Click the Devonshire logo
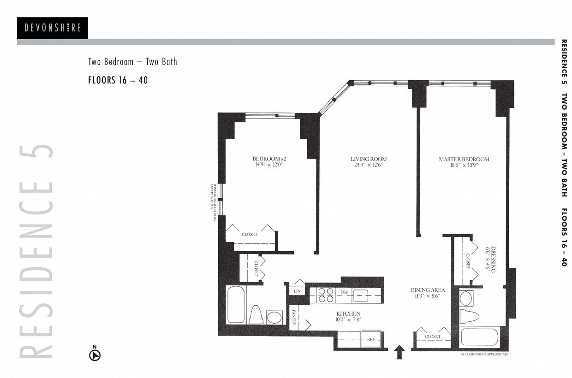(52, 28)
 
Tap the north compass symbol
(95, 354)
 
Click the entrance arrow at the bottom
(400, 352)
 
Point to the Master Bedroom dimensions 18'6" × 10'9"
(464, 165)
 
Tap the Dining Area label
(428, 290)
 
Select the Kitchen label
(348, 313)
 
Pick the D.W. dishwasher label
(344, 292)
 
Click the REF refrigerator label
(370, 339)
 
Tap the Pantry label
(293, 318)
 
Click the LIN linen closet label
(297, 291)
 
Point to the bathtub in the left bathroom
(236, 305)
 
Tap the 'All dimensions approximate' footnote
(484, 354)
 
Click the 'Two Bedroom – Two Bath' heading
(132, 61)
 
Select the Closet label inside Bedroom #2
(250, 234)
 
